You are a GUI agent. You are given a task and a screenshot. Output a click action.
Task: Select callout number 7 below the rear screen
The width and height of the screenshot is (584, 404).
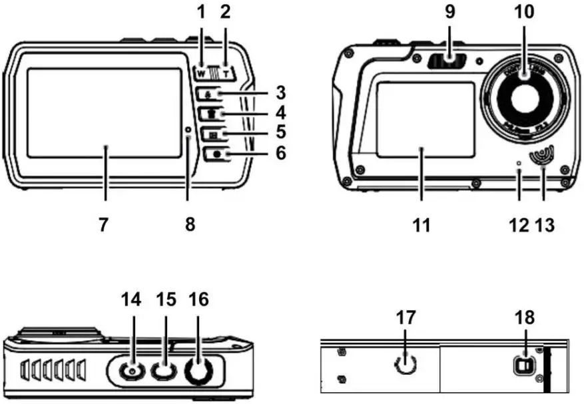point(103,225)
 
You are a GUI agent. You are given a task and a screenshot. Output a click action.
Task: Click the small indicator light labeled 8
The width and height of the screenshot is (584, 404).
point(188,130)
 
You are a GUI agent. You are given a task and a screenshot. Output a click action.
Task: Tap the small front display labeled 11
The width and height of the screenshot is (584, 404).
point(425,120)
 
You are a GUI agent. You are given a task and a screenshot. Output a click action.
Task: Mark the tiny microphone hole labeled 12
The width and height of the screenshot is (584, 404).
point(519,163)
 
